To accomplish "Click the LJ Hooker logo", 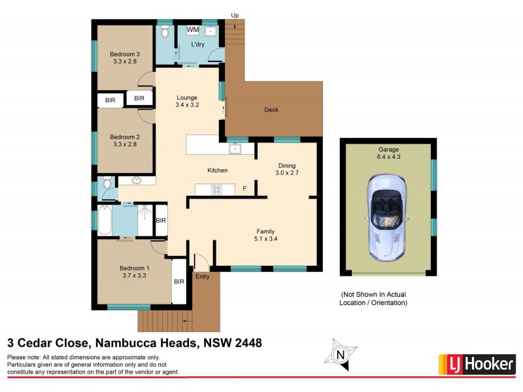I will [x=477, y=364].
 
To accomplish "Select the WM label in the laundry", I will [x=193, y=30].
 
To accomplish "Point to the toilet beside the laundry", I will [x=165, y=32].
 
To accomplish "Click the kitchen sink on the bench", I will [x=235, y=149].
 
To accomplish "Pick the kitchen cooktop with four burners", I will [x=215, y=189].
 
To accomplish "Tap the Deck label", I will [x=271, y=110].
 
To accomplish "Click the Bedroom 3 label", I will [x=124, y=57].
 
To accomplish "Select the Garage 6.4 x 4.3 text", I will [x=388, y=154].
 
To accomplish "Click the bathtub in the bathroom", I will [x=104, y=220].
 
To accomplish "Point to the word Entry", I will [x=203, y=277].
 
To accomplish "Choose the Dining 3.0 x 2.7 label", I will [x=288, y=170].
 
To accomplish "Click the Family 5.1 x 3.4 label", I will [x=265, y=235].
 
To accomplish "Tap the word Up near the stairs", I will [x=235, y=15].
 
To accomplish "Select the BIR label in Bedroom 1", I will [x=178, y=282].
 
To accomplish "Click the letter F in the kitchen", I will [x=245, y=189].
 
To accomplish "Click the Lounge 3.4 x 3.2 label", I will [x=186, y=101].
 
